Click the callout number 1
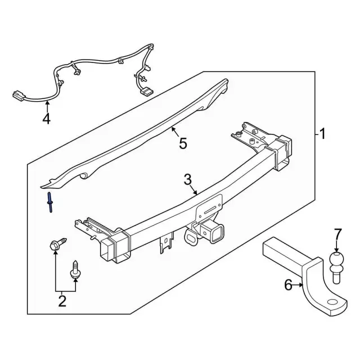(x=322, y=134)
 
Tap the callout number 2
(x=62, y=301)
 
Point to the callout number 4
(x=46, y=119)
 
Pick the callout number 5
(x=183, y=144)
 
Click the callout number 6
(x=289, y=286)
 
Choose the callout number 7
(x=337, y=233)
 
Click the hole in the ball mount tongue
(x=334, y=303)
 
